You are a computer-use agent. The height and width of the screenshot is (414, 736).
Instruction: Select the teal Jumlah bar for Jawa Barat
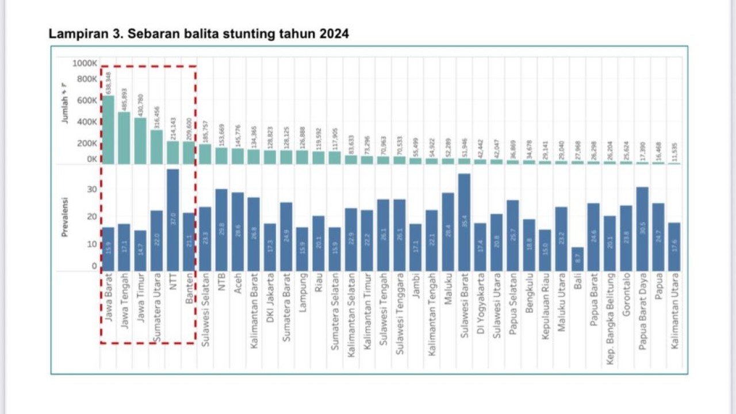click(x=108, y=130)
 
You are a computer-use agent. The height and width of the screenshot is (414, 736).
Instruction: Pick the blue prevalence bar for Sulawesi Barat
click(x=465, y=222)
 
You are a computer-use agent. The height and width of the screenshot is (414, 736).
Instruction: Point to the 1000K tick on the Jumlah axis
click(x=85, y=63)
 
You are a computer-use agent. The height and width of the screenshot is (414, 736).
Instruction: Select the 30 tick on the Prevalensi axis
click(x=92, y=189)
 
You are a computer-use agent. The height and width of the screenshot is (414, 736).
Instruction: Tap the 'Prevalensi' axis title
click(x=65, y=218)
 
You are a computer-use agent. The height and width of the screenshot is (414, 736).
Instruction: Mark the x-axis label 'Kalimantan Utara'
click(x=674, y=311)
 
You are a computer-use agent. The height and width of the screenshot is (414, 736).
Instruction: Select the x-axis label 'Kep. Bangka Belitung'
click(x=610, y=317)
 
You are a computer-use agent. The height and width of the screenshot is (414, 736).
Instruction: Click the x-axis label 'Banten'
click(x=189, y=291)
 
